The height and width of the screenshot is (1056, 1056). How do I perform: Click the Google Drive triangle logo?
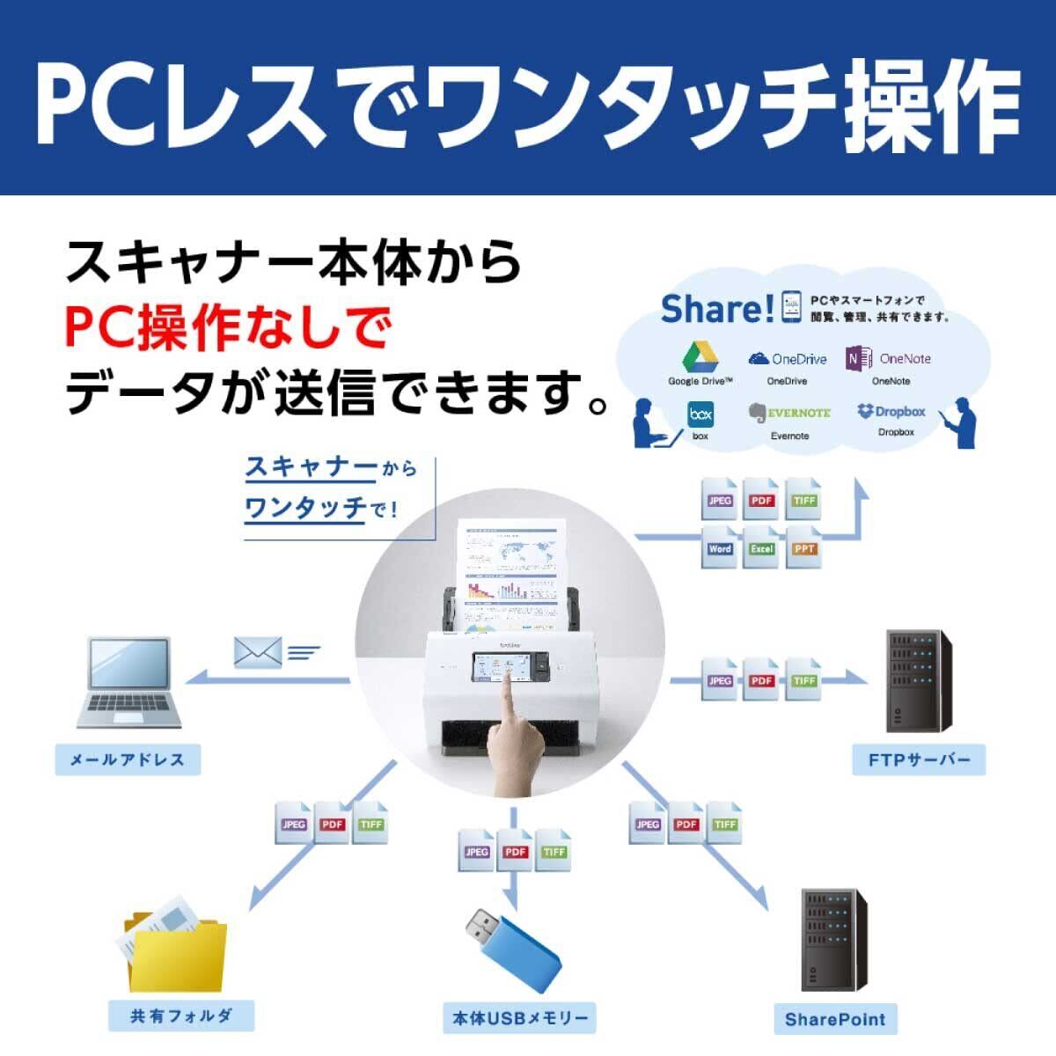click(x=700, y=356)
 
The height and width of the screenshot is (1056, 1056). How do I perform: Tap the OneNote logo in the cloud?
click(x=860, y=358)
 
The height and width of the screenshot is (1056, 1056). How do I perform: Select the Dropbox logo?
click(x=865, y=411)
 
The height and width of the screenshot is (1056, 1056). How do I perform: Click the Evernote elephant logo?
click(x=756, y=413)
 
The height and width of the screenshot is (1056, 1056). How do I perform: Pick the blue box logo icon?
click(x=700, y=413)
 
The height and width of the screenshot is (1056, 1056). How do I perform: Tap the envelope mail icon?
click(x=257, y=651)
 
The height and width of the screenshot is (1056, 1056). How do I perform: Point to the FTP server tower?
click(x=919, y=682)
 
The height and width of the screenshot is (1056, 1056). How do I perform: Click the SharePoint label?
click(x=835, y=1020)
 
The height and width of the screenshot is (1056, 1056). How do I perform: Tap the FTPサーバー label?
click(x=919, y=759)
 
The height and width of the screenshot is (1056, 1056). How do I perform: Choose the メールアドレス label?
click(x=128, y=759)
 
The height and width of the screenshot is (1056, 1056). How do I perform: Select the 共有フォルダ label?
click(x=181, y=1016)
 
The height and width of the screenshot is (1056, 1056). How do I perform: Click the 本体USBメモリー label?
click(x=519, y=1019)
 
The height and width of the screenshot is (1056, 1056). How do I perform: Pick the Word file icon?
click(x=719, y=547)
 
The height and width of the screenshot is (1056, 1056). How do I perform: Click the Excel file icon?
click(x=761, y=547)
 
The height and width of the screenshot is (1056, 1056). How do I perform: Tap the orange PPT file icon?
click(x=803, y=547)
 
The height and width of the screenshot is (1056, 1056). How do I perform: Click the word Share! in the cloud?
click(x=717, y=309)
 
